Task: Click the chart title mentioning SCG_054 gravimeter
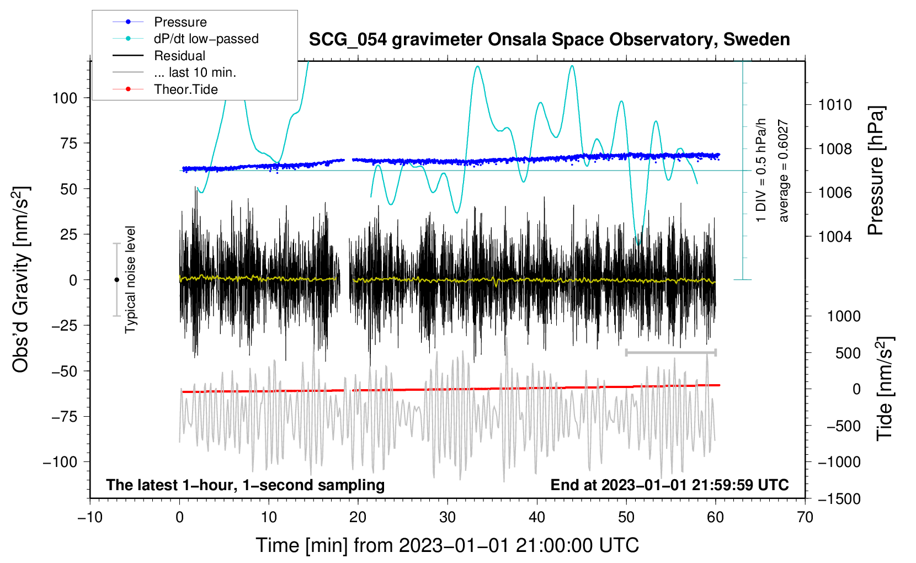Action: pos(549,39)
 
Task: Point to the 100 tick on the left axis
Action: pos(65,98)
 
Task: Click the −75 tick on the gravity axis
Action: pos(64,417)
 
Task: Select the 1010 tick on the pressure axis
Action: pos(835,105)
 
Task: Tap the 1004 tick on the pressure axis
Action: pos(835,236)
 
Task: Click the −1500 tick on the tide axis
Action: pos(839,499)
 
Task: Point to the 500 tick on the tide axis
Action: pos(848,353)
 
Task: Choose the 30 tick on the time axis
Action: pos(448,517)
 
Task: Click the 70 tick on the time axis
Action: pos(805,517)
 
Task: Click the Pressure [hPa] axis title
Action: pos(876,171)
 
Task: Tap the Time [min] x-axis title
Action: pos(448,545)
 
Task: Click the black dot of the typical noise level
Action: pos(116,280)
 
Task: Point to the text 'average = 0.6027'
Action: pos(783,171)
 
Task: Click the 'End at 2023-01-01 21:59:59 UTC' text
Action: pos(669,485)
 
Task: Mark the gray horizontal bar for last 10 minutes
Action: pos(670,352)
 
